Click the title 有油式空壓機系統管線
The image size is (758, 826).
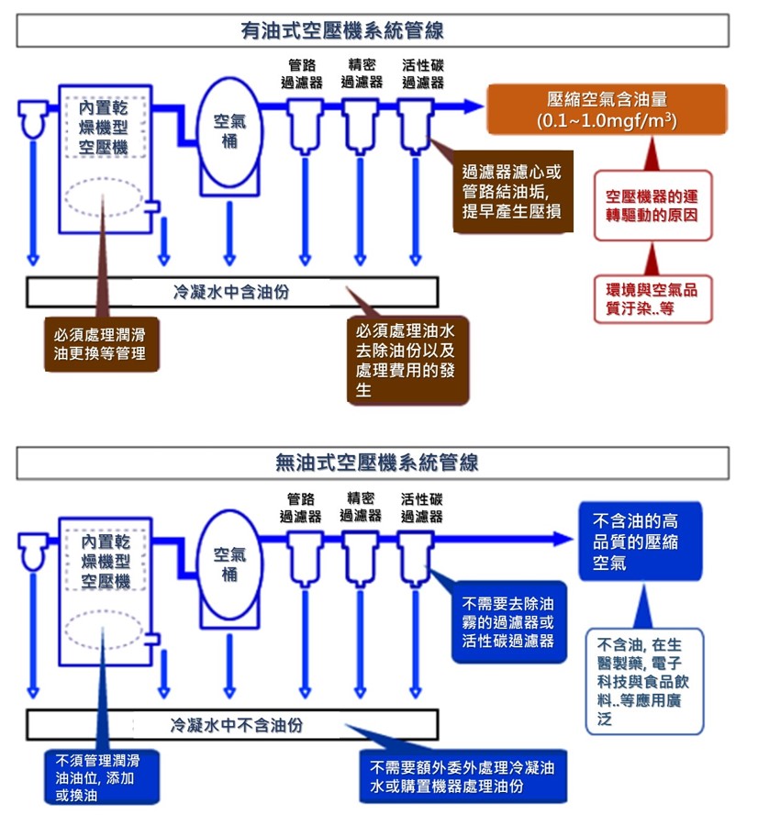(x=342, y=32)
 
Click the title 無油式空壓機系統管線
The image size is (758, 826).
(x=376, y=463)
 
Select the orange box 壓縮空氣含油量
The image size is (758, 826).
(x=607, y=110)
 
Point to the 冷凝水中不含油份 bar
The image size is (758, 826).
(x=236, y=725)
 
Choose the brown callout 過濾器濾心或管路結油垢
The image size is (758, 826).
(x=512, y=192)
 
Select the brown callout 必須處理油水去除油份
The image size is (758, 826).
(x=407, y=359)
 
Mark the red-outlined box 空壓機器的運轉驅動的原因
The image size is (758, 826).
(x=652, y=206)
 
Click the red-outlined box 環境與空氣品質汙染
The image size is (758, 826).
(x=652, y=299)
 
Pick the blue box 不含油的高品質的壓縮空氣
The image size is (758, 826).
(x=640, y=541)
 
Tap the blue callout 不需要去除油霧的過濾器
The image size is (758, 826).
(x=508, y=622)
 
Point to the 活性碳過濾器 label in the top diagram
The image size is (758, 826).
(x=423, y=74)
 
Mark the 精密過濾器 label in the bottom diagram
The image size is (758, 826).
(x=361, y=508)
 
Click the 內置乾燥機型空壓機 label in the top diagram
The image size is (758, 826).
(x=105, y=128)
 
